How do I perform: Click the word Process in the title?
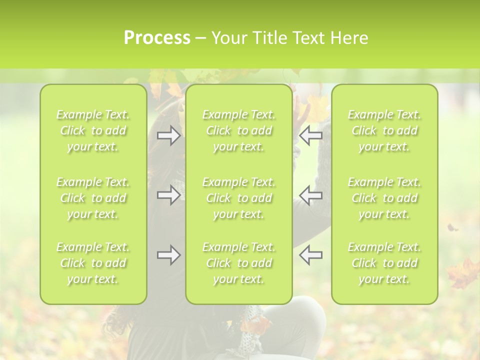point(157,38)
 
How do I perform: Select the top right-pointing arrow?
point(168,135)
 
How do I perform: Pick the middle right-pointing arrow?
point(168,195)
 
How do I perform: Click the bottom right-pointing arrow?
point(168,255)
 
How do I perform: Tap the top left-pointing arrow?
point(311,135)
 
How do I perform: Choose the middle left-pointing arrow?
point(311,195)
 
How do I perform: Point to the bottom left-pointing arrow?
point(311,255)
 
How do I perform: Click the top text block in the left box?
point(93,130)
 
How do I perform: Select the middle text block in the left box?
point(93,198)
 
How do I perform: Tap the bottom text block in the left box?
point(93,263)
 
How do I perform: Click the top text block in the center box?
point(239,130)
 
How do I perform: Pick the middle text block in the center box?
point(239,198)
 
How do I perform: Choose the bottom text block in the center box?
point(239,263)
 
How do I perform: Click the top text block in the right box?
point(384,130)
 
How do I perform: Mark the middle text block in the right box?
point(384,198)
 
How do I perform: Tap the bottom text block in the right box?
point(384,263)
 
